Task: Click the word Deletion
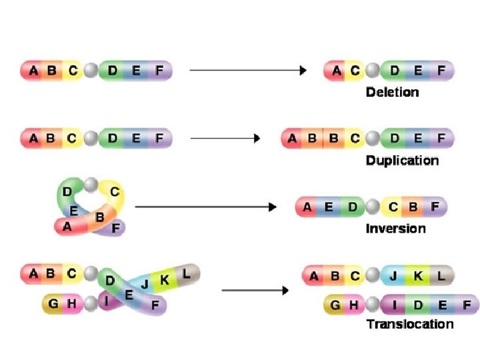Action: [x=393, y=91]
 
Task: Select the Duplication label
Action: [x=402, y=161]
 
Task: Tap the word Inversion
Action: [x=395, y=229]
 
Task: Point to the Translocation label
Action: [x=410, y=325]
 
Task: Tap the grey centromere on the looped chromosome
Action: [x=90, y=184]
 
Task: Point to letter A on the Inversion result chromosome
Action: [x=307, y=207]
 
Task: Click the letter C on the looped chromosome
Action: [x=114, y=193]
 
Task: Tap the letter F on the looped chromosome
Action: [x=115, y=228]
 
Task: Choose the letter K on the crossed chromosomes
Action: [x=165, y=280]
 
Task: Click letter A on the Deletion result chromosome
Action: [x=337, y=69]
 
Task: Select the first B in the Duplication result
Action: [x=311, y=139]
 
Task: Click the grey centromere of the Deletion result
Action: [x=375, y=70]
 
